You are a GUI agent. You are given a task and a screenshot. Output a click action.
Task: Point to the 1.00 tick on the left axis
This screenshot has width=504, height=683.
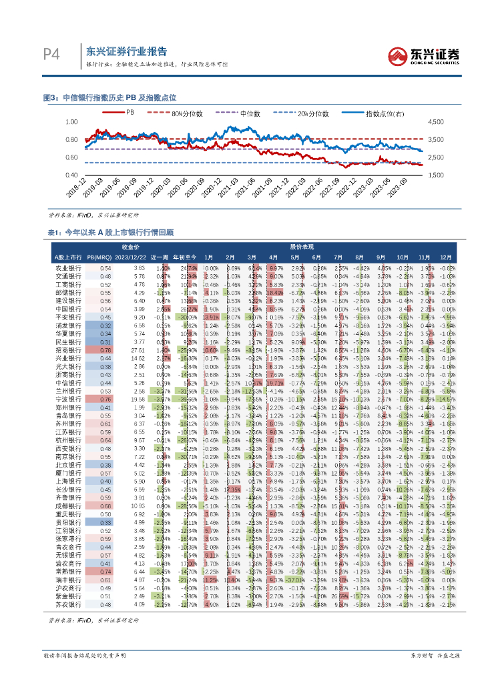(x=71, y=123)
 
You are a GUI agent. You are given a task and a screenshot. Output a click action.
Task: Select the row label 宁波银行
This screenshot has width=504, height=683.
(x=68, y=398)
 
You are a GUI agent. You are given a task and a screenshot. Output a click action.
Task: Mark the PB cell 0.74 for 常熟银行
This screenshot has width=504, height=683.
(x=105, y=572)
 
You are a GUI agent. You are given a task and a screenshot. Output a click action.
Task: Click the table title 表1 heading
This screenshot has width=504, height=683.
(x=108, y=233)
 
